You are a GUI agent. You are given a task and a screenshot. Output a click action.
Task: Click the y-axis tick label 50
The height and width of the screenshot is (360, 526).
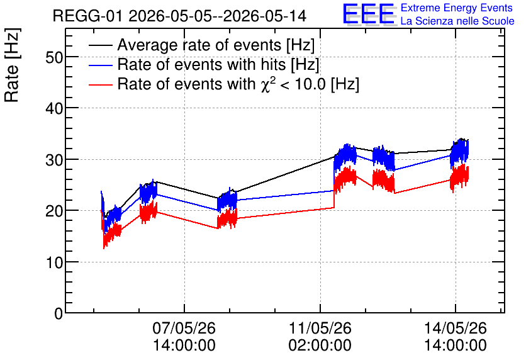click(54, 57)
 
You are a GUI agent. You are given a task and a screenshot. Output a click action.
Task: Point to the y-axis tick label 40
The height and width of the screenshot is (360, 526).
click(54, 109)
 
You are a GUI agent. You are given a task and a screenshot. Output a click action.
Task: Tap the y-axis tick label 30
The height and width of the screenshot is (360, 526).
click(54, 160)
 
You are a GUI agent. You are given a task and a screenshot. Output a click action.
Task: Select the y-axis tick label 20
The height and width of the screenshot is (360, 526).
click(54, 211)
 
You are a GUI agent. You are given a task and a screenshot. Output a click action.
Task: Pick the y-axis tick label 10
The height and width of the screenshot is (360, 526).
click(54, 262)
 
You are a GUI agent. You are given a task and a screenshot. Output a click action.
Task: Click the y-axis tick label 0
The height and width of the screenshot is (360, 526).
click(59, 314)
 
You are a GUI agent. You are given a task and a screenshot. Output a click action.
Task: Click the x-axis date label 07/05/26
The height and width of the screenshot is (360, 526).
click(184, 328)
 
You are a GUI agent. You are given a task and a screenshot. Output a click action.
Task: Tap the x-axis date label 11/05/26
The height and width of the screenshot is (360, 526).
click(320, 328)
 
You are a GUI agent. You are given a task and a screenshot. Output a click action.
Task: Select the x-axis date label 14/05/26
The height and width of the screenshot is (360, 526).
click(456, 328)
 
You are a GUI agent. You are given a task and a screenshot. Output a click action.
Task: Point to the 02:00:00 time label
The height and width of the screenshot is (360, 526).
click(320, 346)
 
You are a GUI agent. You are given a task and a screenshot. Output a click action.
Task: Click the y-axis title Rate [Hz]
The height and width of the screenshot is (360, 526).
click(12, 65)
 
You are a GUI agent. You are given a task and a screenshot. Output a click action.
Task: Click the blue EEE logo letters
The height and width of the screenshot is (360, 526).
click(369, 14)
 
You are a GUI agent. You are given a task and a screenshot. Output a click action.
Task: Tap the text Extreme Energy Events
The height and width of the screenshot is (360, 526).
click(457, 8)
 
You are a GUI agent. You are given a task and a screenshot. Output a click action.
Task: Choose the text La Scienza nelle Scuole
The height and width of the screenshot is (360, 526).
click(457, 21)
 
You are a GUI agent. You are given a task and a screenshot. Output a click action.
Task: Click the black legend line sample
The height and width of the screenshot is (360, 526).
click(100, 45)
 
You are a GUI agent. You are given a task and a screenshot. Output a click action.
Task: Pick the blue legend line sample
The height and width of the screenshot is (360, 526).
click(100, 65)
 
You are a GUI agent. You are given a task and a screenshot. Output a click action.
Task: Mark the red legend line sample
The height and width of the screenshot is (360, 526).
click(100, 84)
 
